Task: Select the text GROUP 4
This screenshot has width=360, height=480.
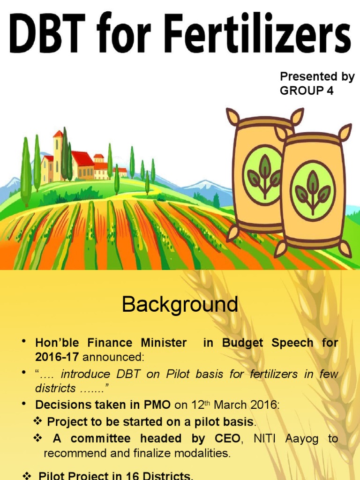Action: tap(307, 91)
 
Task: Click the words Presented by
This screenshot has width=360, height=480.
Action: tap(317, 77)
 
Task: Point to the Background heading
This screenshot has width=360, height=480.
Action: tap(180, 305)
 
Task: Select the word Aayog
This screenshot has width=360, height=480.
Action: tap(305, 439)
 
